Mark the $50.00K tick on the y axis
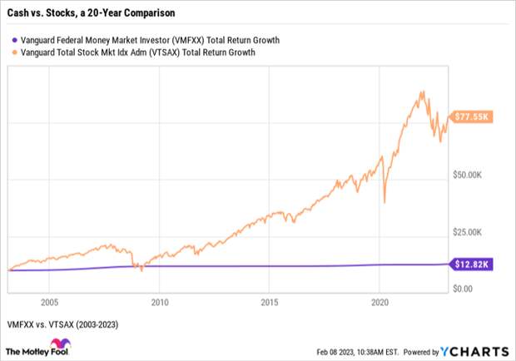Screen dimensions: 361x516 click(x=469, y=175)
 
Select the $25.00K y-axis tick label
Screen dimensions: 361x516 click(x=469, y=231)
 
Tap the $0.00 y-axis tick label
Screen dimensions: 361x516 click(x=463, y=288)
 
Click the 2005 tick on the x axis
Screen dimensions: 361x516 click(x=48, y=302)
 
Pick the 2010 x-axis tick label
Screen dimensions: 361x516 click(x=159, y=302)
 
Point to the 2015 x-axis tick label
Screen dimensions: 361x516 click(x=269, y=302)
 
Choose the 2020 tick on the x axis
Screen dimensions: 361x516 click(x=380, y=302)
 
